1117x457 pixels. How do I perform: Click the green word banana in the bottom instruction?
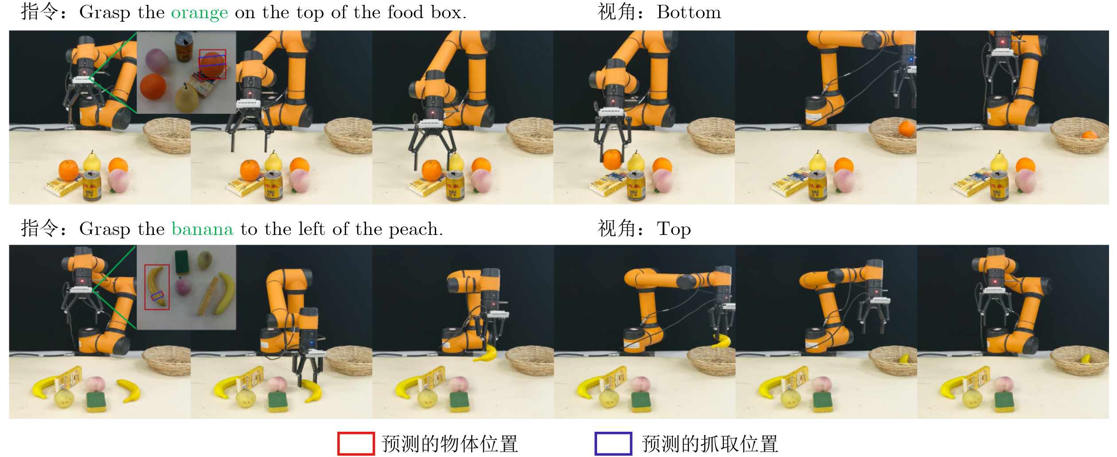pos(202,229)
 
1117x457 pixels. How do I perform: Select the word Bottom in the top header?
pos(689,12)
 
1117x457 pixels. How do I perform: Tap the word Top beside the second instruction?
pos(674,230)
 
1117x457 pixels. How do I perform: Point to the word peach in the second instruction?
pos(415,230)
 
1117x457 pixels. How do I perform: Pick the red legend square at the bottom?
pos(356,444)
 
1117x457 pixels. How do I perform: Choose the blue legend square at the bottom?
pos(613,444)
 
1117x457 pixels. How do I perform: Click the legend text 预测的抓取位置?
pos(710,444)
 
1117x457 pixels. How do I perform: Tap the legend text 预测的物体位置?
pos(449,444)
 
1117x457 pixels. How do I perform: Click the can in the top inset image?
pos(184,46)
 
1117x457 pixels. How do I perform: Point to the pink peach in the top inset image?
pos(157,61)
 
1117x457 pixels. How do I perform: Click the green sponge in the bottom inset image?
pos(182,262)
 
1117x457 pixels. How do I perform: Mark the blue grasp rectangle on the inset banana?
pos(157,296)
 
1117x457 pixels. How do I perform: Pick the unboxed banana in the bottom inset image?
pos(226,293)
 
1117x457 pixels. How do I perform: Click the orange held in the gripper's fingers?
pos(612,160)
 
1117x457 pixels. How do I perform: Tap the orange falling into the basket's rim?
pos(906,129)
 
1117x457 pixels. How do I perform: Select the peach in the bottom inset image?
pos(183,286)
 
